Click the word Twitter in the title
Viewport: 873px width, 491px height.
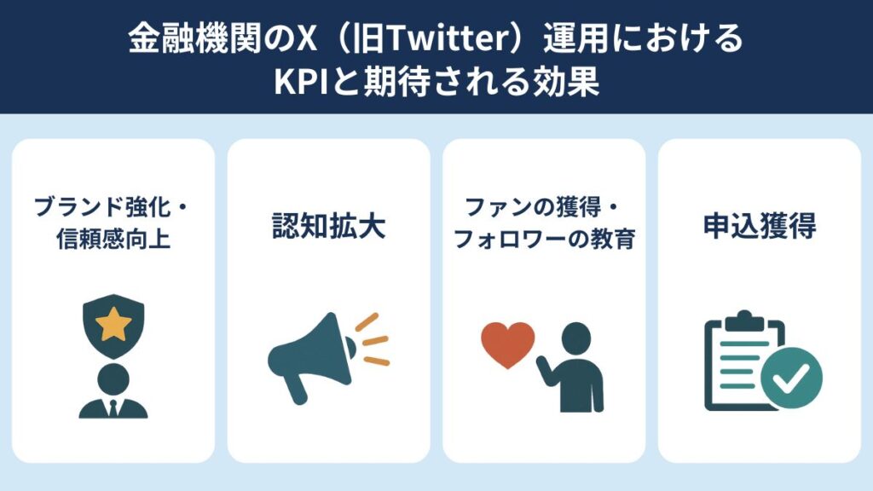point(448,38)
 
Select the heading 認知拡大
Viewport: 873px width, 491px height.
point(328,225)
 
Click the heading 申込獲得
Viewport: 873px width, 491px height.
point(760,225)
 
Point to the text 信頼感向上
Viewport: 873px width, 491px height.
point(113,239)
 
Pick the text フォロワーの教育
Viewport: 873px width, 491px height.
point(545,239)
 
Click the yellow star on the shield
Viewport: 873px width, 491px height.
point(113,323)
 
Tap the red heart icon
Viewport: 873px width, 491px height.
point(508,344)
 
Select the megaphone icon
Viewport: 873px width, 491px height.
point(328,357)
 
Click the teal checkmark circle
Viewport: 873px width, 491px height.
point(791,378)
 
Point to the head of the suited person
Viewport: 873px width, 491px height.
point(113,379)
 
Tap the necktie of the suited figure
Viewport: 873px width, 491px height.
point(113,408)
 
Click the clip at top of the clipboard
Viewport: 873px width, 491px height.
point(743,321)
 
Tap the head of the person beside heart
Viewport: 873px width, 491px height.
point(575,338)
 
